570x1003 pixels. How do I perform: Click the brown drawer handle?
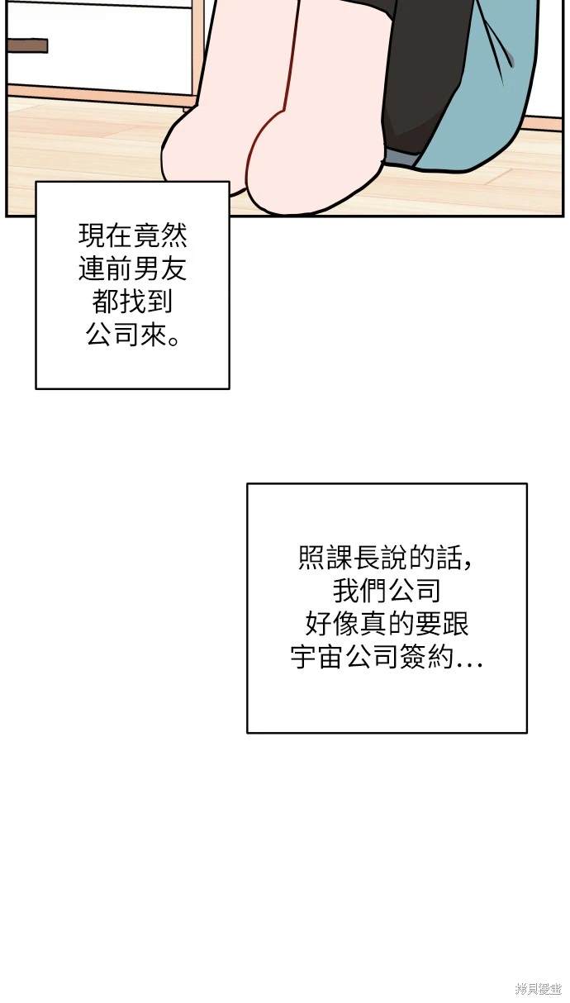(x=28, y=45)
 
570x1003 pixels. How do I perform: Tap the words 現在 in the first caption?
(x=106, y=235)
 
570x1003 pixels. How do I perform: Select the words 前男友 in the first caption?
(x=146, y=269)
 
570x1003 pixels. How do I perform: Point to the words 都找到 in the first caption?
(x=132, y=302)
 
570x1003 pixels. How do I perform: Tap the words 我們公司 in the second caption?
(x=387, y=591)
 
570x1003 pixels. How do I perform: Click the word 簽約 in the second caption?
(x=426, y=657)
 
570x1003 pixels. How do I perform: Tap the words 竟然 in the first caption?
(x=160, y=235)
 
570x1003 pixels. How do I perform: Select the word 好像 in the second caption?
(x=332, y=624)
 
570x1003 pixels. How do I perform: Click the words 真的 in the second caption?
(x=387, y=624)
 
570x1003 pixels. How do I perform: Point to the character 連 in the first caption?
(x=93, y=269)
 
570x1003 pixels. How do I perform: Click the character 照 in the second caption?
(x=312, y=558)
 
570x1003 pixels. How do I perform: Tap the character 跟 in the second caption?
(x=454, y=624)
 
